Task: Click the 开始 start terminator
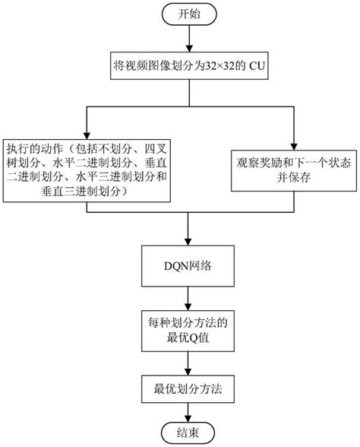188,14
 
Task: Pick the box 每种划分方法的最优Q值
188,329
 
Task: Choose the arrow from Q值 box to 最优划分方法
188,361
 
